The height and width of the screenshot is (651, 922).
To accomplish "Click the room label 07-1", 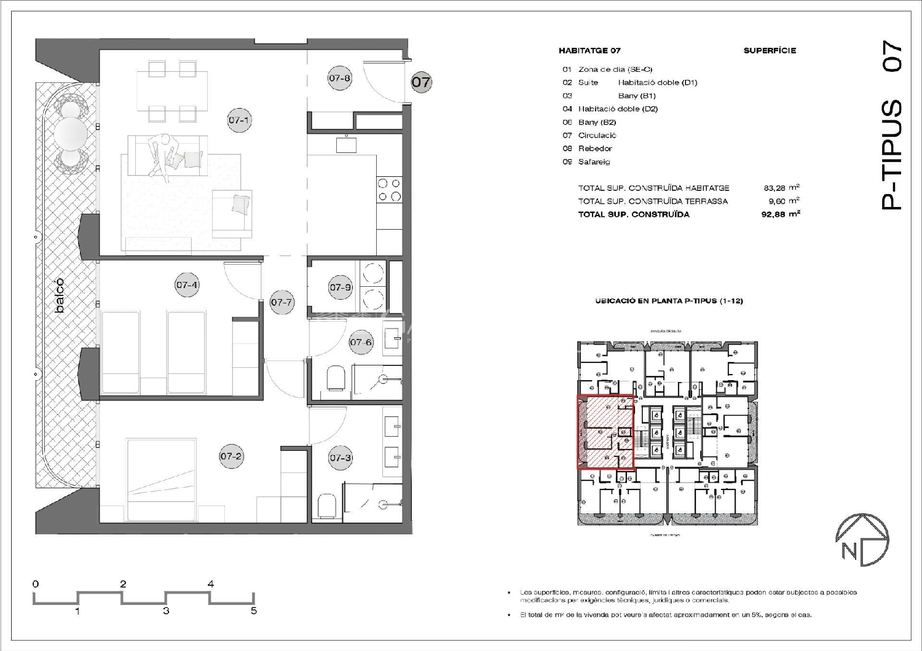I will tap(238, 120).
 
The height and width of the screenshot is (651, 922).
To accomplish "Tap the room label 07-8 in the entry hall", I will tap(339, 79).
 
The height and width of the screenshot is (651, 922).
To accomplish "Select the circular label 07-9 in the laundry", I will tap(341, 287).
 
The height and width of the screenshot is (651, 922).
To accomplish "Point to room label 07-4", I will tap(187, 285).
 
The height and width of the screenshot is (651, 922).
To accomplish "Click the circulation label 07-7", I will tap(282, 302).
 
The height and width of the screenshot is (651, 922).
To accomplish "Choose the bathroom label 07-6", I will tap(361, 342).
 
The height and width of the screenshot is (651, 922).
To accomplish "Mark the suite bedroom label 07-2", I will tap(231, 456).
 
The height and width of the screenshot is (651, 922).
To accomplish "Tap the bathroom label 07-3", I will tap(341, 458).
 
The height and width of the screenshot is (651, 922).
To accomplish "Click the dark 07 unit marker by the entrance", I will tap(421, 82).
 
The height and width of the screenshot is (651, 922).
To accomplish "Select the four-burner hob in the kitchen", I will tap(388, 190).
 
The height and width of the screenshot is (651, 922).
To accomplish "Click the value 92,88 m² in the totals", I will tap(780, 214).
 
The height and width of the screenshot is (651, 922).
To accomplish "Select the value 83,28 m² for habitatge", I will tap(780, 188).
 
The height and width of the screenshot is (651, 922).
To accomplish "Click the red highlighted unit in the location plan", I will tap(605, 432).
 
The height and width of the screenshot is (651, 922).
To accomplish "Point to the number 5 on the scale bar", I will tap(253, 610).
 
